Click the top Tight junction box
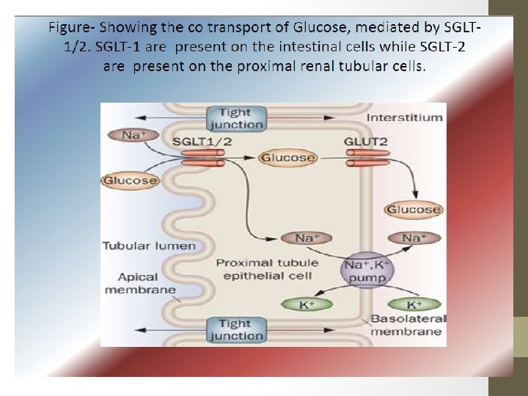click(235, 118)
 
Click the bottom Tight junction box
click(235, 329)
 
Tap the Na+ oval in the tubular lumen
click(132, 135)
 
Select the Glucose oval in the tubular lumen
click(131, 180)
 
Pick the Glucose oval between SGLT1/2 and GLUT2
click(287, 158)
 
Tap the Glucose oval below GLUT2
click(414, 210)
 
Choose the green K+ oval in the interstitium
click(414, 304)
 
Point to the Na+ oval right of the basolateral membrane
click(414, 238)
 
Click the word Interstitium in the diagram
click(404, 117)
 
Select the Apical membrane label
click(140, 283)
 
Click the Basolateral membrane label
click(406, 325)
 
